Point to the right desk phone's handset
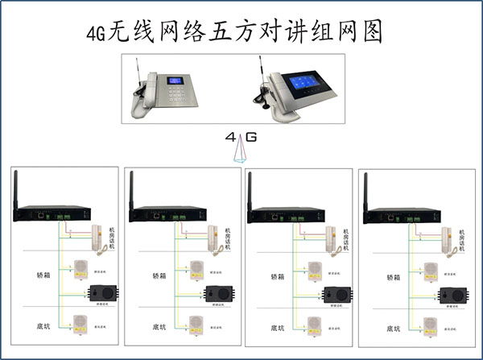click(x=277, y=93)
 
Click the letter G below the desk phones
click(x=251, y=138)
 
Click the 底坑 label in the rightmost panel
click(x=394, y=329)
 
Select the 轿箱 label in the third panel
click(x=275, y=275)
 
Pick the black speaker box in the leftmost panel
click(x=103, y=292)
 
